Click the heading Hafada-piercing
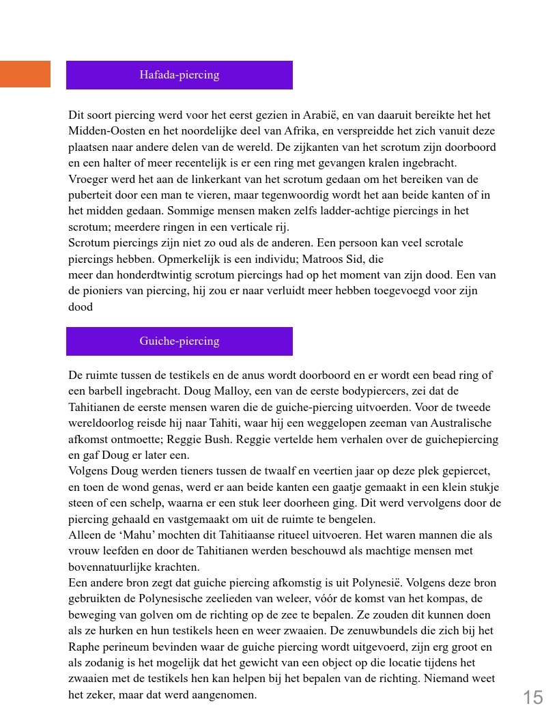point(179,75)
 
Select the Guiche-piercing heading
point(179,341)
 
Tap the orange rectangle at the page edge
point(25,74)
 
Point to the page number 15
point(533,697)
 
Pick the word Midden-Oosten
point(102,131)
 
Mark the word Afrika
point(296,131)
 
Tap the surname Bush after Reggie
point(245,439)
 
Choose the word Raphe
point(83,647)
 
